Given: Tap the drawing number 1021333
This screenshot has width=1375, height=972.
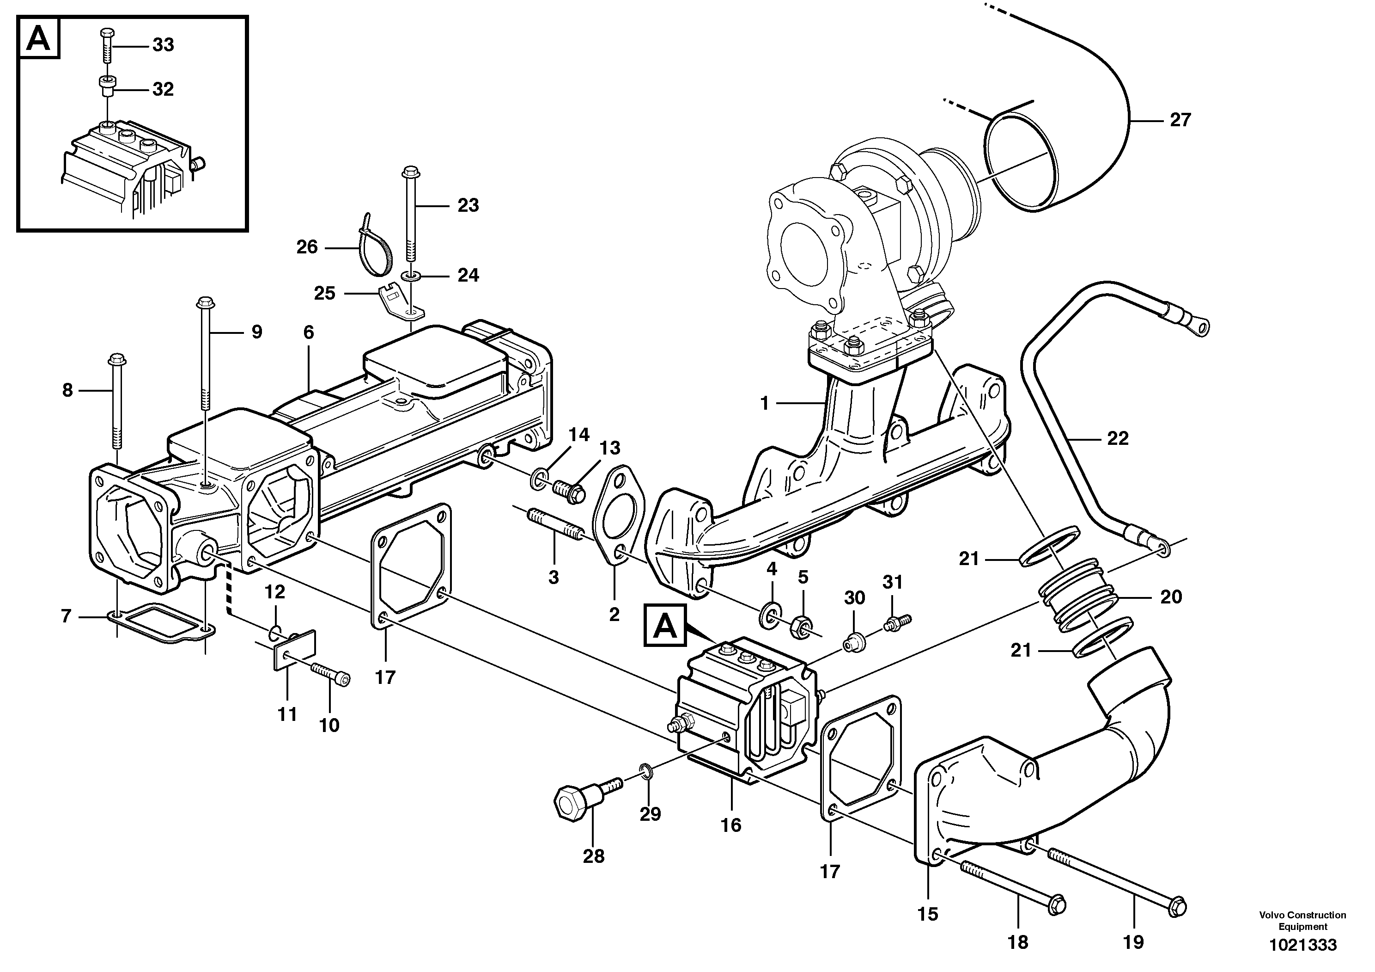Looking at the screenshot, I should [1302, 945].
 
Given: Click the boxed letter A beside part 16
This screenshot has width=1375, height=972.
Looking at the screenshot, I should [665, 626].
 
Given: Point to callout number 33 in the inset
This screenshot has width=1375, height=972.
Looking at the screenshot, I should [163, 45].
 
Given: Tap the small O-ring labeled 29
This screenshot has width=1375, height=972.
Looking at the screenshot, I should [647, 770].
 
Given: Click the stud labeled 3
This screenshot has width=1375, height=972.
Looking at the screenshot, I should [554, 525].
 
